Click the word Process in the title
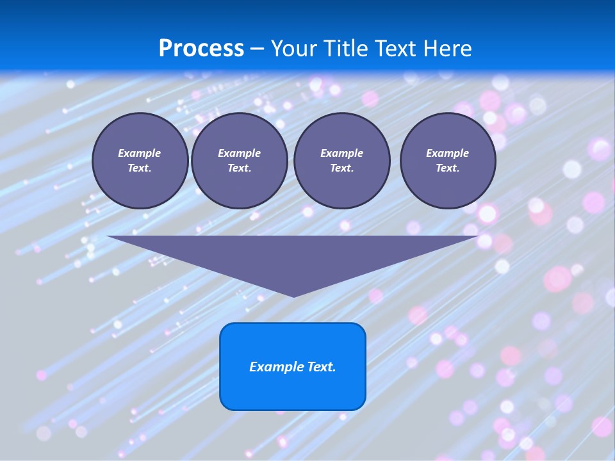[x=201, y=48]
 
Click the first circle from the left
[x=140, y=161]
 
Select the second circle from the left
[x=239, y=161]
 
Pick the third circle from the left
[x=341, y=161]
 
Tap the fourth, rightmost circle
[x=447, y=161]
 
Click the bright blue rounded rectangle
[x=293, y=366]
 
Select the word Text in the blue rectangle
[x=321, y=367]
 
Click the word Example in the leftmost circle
[x=140, y=153]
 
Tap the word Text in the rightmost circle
[x=447, y=168]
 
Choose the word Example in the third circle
[x=341, y=153]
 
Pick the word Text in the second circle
[x=239, y=168]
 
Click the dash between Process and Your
[x=258, y=49]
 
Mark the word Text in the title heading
[x=397, y=48]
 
